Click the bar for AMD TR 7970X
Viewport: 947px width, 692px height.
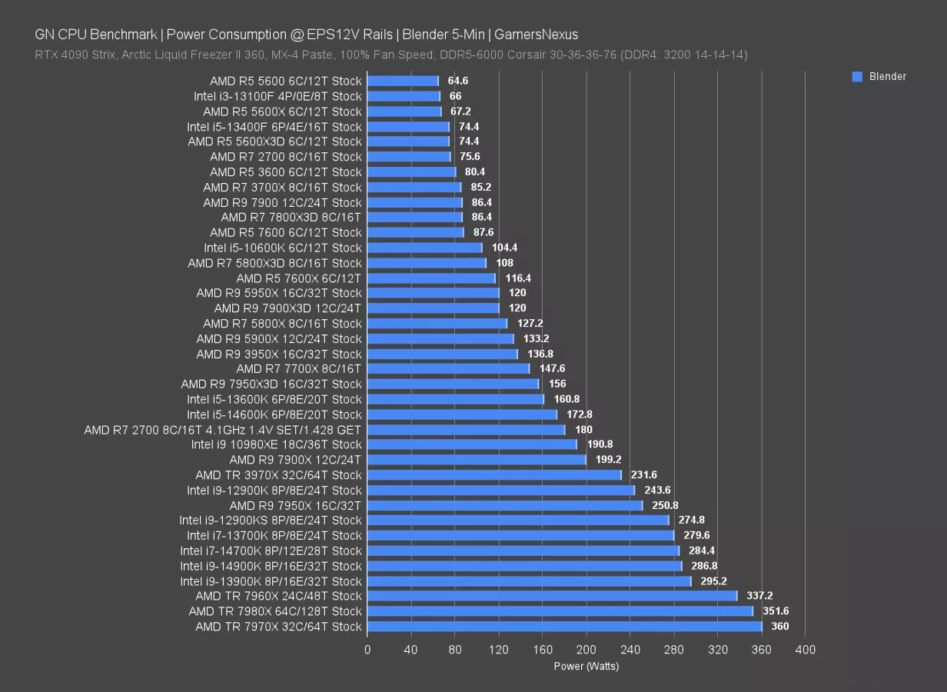[564, 627]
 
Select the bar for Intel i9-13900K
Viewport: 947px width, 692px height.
[529, 581]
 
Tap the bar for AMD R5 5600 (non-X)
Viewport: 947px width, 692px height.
[403, 81]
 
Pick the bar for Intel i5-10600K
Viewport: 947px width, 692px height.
[424, 248]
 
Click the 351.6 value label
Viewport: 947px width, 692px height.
[776, 611]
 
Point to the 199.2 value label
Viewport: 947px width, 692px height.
[609, 460]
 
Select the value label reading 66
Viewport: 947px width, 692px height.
[455, 96]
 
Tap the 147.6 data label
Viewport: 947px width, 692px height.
[552, 369]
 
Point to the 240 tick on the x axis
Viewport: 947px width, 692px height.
[630, 650]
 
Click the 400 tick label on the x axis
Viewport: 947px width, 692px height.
[805, 650]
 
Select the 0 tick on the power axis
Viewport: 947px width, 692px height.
[367, 650]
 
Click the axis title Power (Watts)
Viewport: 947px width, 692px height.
[586, 667]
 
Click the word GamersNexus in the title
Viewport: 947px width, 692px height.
[537, 35]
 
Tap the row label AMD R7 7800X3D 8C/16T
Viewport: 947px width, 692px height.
[291, 218]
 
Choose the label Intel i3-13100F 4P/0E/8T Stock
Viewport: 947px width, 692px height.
[277, 96]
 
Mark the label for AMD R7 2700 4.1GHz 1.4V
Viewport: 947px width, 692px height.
[222, 430]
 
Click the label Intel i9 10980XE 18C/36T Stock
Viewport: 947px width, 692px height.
[276, 444]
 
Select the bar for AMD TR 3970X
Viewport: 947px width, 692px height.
[494, 475]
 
